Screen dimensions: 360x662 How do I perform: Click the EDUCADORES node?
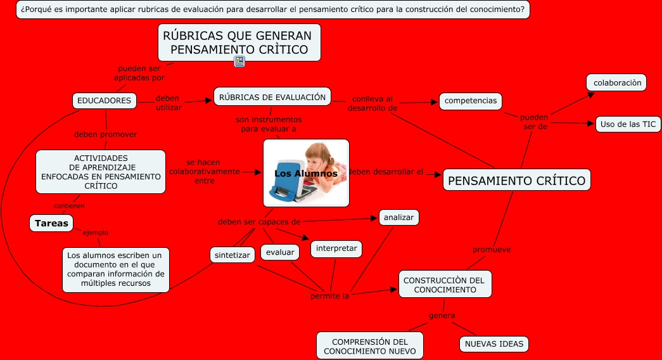(105, 100)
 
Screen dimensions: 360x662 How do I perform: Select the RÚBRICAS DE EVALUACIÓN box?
(272, 96)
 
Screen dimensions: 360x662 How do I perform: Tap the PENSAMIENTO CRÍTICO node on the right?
(516, 181)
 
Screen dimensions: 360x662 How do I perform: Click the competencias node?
(471, 101)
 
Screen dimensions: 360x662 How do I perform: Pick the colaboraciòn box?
(617, 82)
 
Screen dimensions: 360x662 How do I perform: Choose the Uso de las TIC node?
(628, 124)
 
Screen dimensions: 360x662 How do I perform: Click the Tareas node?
(51, 223)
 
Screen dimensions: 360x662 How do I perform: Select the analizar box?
(398, 217)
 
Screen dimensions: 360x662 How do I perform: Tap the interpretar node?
(336, 248)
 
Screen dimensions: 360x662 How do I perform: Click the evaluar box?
(280, 252)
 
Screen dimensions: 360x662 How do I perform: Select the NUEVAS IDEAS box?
(494, 344)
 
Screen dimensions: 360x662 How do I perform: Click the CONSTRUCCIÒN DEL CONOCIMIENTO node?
(445, 285)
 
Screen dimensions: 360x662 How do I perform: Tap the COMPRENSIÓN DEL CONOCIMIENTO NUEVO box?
(369, 346)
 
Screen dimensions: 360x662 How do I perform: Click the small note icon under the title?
(239, 61)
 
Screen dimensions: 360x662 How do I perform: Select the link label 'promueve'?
(492, 249)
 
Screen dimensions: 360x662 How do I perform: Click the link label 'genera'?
(442, 315)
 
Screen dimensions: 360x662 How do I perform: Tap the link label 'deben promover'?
(105, 134)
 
